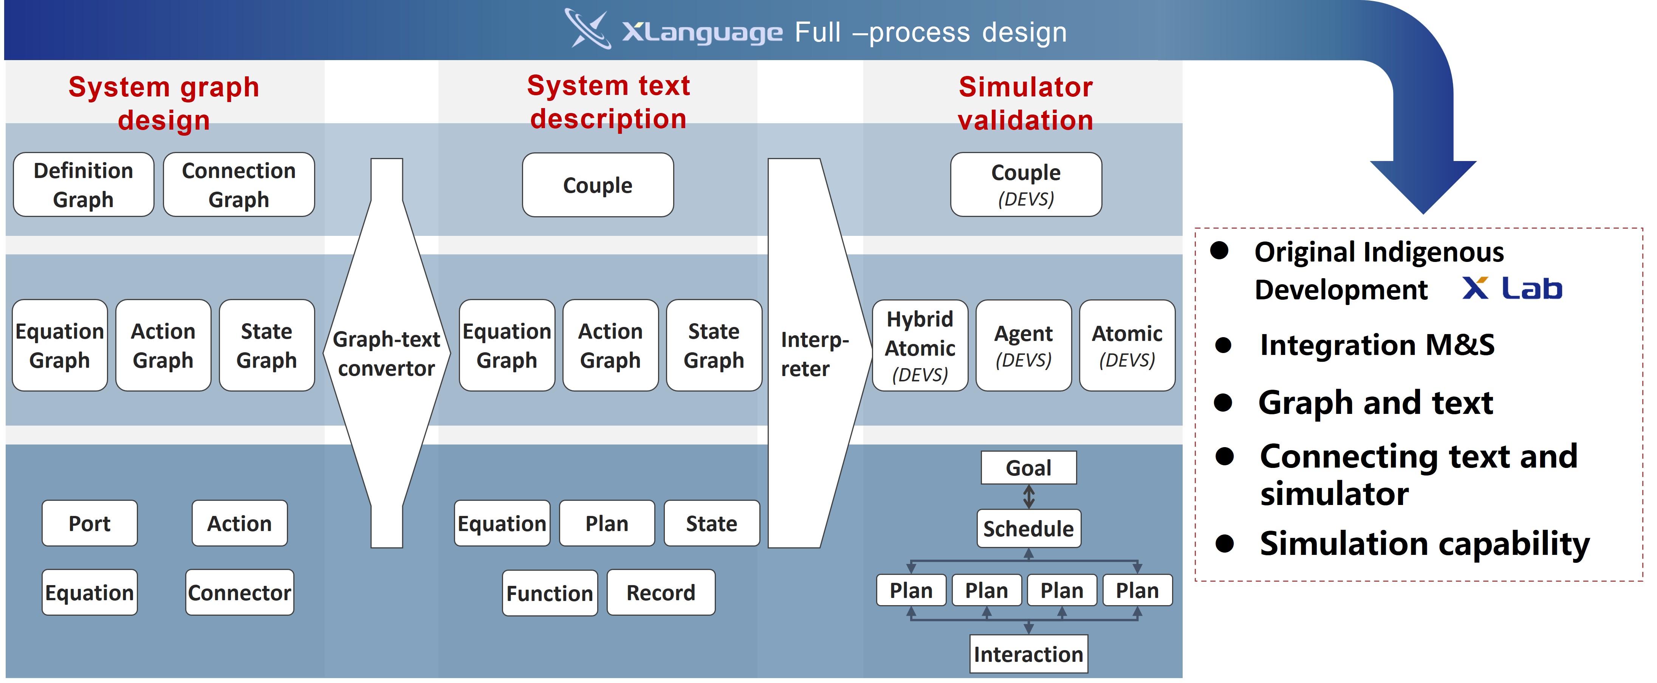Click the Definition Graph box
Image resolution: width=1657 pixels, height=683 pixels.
(x=84, y=184)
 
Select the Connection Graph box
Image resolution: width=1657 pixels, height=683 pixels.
(x=238, y=184)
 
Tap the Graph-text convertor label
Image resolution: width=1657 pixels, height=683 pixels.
(x=387, y=354)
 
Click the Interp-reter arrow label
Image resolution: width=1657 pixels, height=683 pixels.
(x=815, y=354)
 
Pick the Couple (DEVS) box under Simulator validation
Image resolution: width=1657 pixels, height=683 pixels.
(x=1026, y=184)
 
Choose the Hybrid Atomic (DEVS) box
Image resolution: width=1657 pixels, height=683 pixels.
(x=920, y=345)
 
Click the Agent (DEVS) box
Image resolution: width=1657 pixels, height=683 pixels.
(x=1024, y=345)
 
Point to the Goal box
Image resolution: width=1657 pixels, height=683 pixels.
(x=1028, y=468)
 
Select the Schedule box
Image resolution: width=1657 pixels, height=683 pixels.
(x=1028, y=529)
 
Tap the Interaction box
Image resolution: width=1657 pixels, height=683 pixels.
(x=1028, y=654)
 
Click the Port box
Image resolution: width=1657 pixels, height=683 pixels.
(x=90, y=523)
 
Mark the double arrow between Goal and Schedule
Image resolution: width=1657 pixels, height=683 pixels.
(x=1028, y=497)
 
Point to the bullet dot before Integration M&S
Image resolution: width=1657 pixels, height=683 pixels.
(x=1223, y=346)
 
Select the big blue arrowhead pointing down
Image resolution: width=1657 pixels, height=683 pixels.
(x=1423, y=186)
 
